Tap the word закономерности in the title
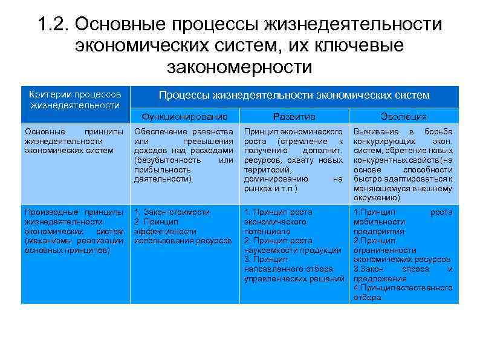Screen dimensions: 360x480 [239, 67]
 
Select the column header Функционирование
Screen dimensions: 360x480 [184, 116]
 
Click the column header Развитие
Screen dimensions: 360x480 [294, 116]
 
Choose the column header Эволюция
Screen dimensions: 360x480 [404, 116]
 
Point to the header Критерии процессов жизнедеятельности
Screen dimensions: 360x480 [76, 100]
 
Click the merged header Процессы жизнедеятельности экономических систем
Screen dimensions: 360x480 [294, 96]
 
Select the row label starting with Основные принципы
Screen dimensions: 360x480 [74, 141]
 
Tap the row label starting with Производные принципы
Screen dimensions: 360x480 [74, 231]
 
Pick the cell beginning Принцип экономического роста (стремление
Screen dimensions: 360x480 [294, 160]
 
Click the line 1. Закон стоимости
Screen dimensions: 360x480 [172, 212]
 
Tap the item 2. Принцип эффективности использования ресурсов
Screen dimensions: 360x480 [183, 231]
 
